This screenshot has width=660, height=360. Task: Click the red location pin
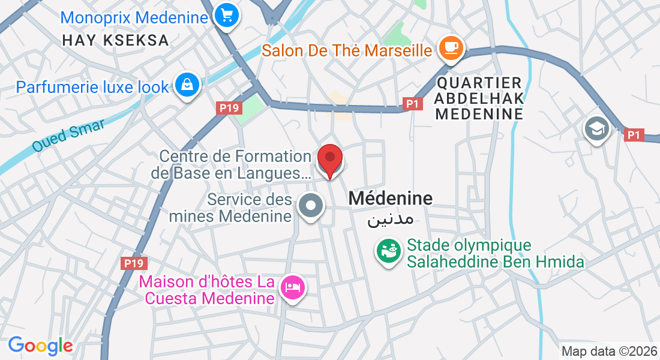[329, 159]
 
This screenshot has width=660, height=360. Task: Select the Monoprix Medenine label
[134, 17]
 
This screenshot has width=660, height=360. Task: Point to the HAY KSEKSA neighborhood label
[116, 41]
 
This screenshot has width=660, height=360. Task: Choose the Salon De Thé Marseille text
[347, 50]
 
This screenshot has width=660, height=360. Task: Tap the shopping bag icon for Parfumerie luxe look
[188, 85]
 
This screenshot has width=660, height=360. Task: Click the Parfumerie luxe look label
[93, 87]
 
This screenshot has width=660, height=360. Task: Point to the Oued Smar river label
[68, 136]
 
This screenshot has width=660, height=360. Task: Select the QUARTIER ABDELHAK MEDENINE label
[479, 98]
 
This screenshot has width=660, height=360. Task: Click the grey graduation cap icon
[598, 128]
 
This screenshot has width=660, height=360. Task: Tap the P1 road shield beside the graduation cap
[634, 135]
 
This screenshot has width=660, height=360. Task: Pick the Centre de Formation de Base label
[235, 165]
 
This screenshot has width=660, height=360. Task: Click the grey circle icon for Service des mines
[310, 206]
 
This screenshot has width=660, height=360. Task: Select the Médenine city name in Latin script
[390, 198]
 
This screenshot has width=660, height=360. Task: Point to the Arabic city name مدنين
[390, 218]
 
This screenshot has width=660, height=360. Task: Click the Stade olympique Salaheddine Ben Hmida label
[495, 253]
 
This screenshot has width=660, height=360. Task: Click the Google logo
[40, 346]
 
